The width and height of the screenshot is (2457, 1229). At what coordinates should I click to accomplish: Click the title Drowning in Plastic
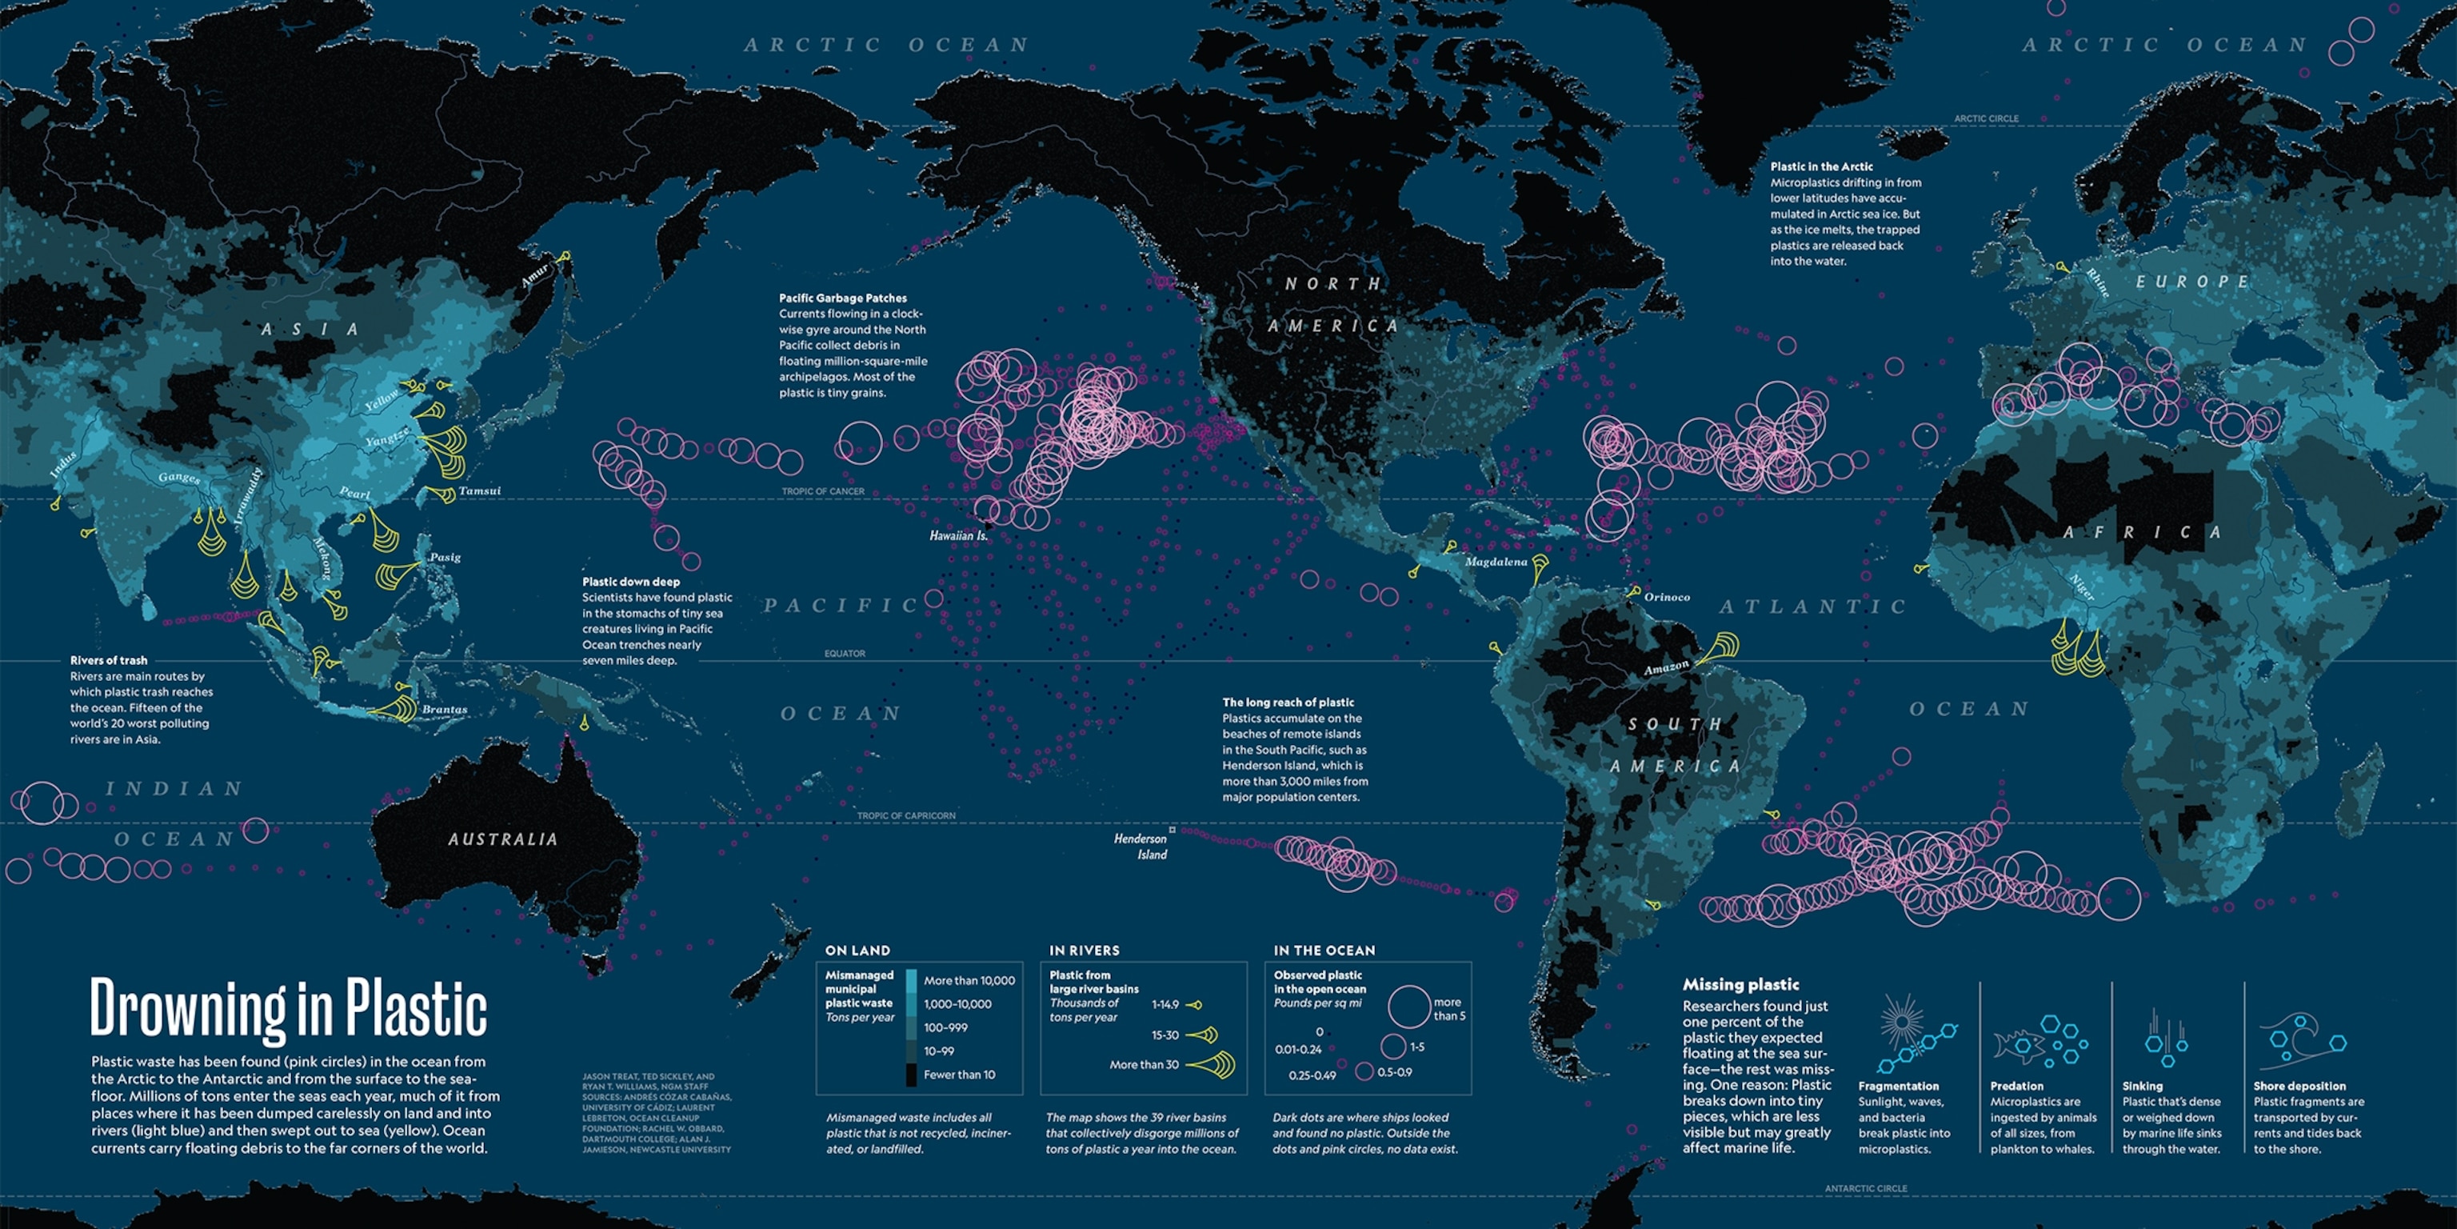pyautogui.click(x=288, y=1007)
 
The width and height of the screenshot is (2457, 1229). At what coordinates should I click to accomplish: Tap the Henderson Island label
pyautogui.click(x=1141, y=847)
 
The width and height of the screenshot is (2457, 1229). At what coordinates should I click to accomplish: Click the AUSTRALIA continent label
pyautogui.click(x=502, y=839)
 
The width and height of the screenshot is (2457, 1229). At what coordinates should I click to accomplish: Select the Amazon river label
pyautogui.click(x=1666, y=668)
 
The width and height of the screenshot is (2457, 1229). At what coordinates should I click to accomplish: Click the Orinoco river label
pyautogui.click(x=1666, y=598)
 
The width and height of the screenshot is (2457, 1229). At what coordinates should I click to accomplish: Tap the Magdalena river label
pyautogui.click(x=1496, y=562)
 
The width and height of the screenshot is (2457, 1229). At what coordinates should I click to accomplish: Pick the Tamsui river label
pyautogui.click(x=479, y=491)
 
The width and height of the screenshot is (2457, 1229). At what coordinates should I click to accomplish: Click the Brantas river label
pyautogui.click(x=445, y=710)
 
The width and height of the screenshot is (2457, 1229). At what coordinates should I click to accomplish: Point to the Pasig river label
pyautogui.click(x=445, y=557)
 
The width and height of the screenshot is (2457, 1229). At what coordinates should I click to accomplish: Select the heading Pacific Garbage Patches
pyautogui.click(x=842, y=298)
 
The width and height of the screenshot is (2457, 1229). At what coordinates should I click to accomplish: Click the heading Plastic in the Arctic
pyautogui.click(x=1822, y=166)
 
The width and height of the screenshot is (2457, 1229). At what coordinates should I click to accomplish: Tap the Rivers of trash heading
pyautogui.click(x=109, y=660)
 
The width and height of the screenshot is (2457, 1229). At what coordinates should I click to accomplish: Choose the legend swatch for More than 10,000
pyautogui.click(x=911, y=980)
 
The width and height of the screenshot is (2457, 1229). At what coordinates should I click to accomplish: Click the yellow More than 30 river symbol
pyautogui.click(x=1213, y=1064)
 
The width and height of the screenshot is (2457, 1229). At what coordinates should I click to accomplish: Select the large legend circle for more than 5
pyautogui.click(x=1408, y=1007)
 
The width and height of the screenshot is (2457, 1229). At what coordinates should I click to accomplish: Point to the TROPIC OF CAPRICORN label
pyautogui.click(x=905, y=816)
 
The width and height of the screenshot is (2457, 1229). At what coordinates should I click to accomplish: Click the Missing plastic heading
pyautogui.click(x=1740, y=985)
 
